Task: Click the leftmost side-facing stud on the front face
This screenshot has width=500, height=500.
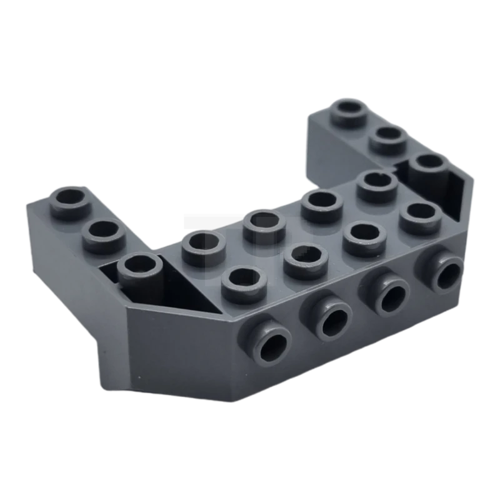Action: [273, 342]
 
